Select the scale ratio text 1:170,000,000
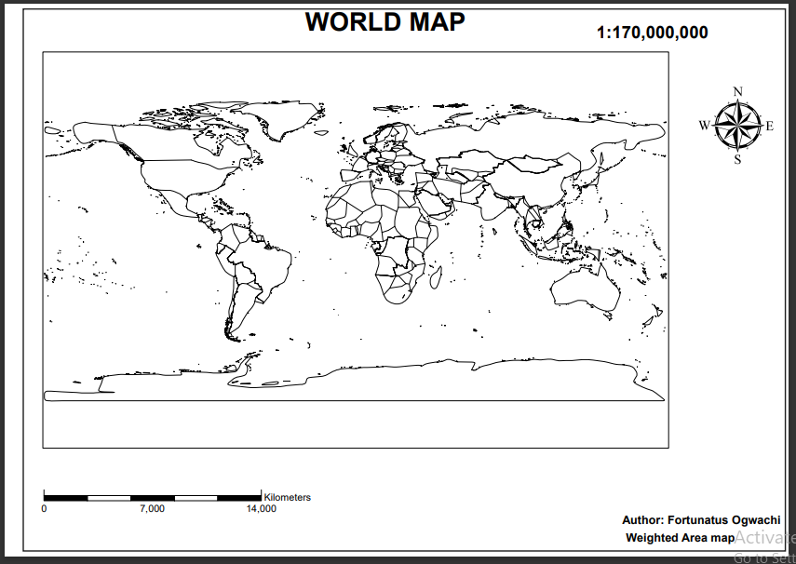652,33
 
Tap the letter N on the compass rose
738,91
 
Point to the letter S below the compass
738,159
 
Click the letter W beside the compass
704,126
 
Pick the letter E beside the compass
770,126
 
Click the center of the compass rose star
737,126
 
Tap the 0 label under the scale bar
44,509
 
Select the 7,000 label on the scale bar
152,509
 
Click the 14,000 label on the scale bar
261,509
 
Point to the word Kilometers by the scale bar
288,497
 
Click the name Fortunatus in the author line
697,519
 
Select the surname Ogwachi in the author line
755,519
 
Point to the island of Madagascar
435,278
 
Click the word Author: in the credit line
643,519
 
